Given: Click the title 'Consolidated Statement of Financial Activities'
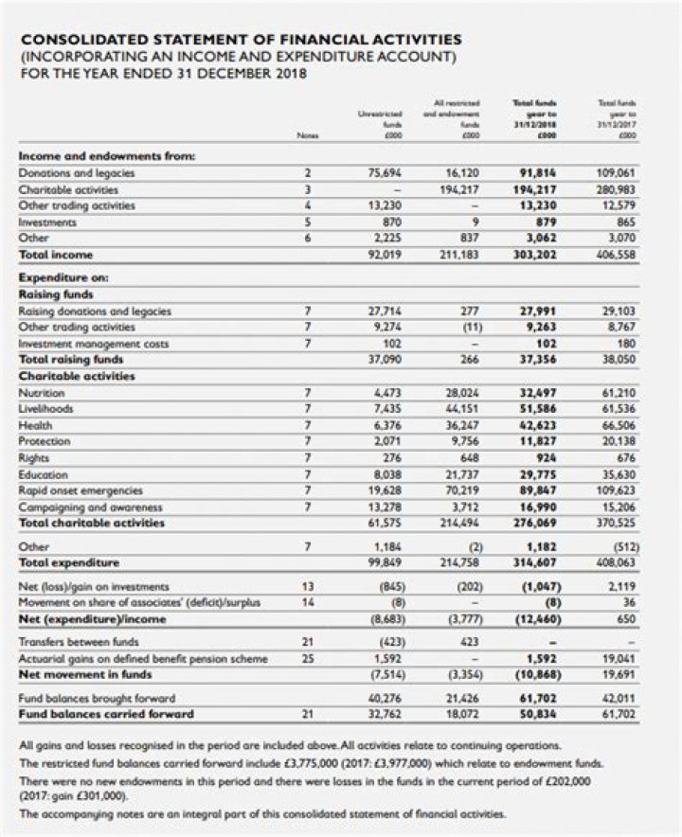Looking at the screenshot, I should [x=242, y=40].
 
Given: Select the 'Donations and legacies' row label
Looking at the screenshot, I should [x=77, y=172].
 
